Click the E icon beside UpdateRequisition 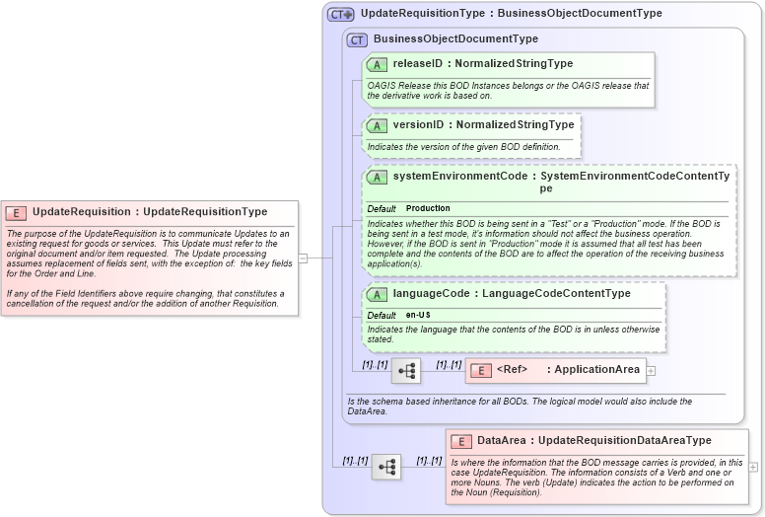tap(16, 212)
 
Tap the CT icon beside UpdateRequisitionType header tap(341, 14)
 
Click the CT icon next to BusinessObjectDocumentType tap(357, 39)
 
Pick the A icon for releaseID tap(377, 64)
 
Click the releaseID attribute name tap(417, 64)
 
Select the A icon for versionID tap(377, 125)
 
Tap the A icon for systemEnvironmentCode tap(377, 177)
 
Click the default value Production tap(428, 208)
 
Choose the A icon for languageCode tap(377, 294)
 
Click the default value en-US tap(417, 315)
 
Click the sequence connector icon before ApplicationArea tap(406, 370)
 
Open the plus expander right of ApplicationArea tap(651, 371)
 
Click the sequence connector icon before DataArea tap(385, 466)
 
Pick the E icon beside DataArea tap(460, 441)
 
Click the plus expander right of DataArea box tap(753, 467)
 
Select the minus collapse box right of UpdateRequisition tap(304, 258)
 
